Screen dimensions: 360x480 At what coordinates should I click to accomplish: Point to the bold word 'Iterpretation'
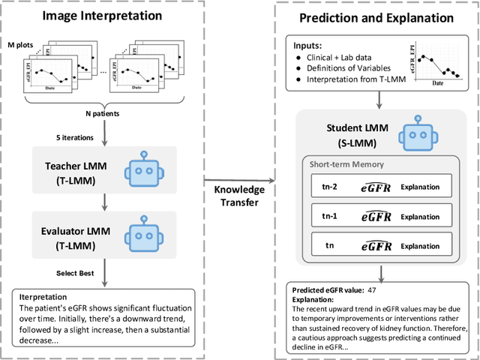click(42, 296)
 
